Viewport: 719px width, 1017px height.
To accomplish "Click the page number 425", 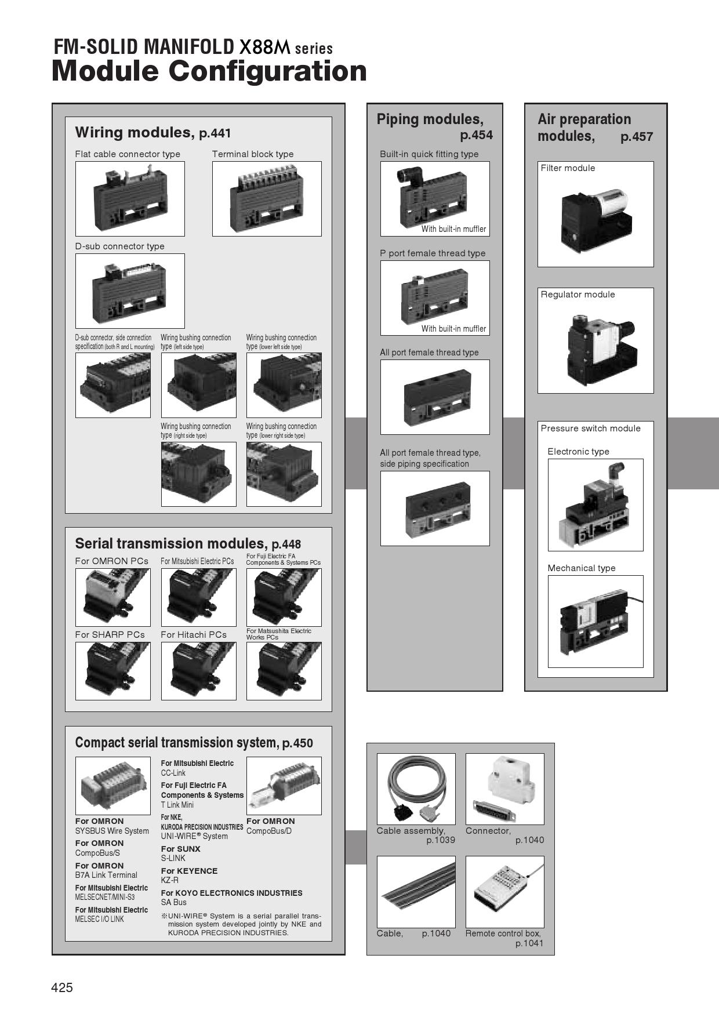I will [x=63, y=987].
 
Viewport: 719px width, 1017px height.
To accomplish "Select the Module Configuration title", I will [x=209, y=72].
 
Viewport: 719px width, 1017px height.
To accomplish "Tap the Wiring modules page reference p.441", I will [x=215, y=134].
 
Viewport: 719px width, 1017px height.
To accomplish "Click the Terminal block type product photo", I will [x=267, y=199].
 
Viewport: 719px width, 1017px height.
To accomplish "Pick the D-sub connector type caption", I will [x=120, y=246].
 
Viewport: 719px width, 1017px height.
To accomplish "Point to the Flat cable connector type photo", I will [x=130, y=199].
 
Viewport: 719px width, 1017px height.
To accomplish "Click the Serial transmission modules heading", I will [x=170, y=543].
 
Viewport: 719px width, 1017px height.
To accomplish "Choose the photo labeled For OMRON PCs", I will [x=113, y=597].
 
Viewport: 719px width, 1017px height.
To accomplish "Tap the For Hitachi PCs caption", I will [x=194, y=635].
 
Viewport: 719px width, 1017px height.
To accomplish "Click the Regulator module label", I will [x=578, y=295].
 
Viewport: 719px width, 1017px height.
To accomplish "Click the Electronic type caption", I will [x=578, y=452].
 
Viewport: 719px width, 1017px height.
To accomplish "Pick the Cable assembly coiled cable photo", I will [x=416, y=789].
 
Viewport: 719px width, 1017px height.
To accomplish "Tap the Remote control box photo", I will [x=505, y=892].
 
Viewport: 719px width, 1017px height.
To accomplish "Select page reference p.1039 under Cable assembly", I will [x=441, y=840].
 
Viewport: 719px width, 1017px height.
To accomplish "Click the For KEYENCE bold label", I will [x=189, y=871].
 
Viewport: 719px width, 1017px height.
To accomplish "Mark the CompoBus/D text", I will [x=269, y=831].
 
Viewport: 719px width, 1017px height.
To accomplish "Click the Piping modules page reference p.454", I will [x=476, y=136].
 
